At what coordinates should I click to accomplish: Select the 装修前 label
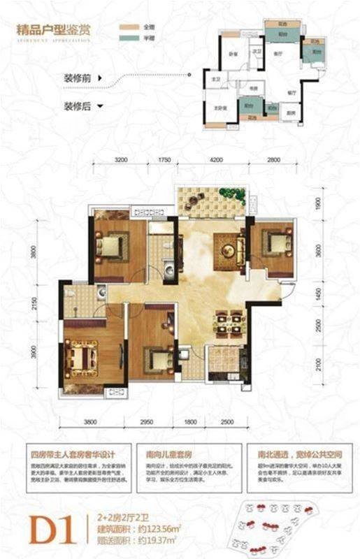point(79,78)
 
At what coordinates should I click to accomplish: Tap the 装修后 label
point(79,107)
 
